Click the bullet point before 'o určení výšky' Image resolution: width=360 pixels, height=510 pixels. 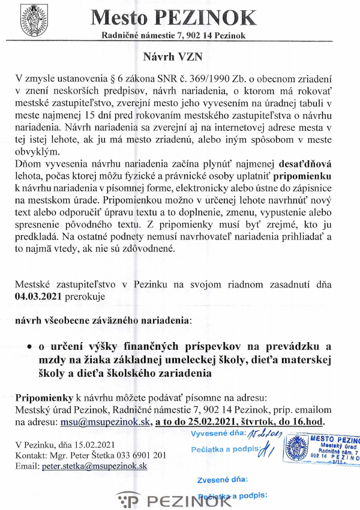(x=29, y=347)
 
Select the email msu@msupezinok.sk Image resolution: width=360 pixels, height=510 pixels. (x=104, y=422)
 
